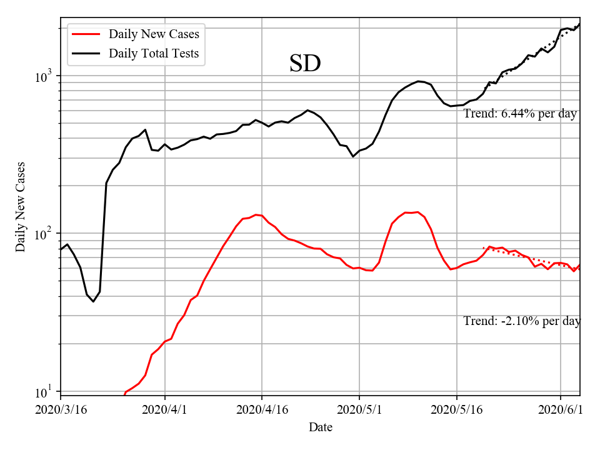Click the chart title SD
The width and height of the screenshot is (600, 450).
click(305, 63)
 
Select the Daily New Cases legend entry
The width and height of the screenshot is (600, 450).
click(154, 34)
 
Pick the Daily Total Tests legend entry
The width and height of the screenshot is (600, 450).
click(154, 53)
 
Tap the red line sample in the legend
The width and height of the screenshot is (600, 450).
click(86, 34)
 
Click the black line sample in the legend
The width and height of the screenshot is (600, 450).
click(86, 53)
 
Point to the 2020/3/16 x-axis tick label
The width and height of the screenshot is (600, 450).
click(61, 409)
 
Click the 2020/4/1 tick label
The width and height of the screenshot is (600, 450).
click(165, 409)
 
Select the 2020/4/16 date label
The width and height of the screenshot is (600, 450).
click(262, 409)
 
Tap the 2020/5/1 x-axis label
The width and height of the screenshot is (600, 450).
click(359, 409)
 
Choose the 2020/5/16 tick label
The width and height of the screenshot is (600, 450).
click(457, 409)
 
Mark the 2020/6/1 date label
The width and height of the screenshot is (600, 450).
click(561, 409)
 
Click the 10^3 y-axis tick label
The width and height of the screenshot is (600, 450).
click(46, 76)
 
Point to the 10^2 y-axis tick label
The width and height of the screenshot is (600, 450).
click(46, 234)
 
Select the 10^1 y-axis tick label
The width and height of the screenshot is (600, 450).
click(46, 392)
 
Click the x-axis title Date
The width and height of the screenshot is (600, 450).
click(321, 427)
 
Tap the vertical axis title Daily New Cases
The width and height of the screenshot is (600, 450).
click(21, 206)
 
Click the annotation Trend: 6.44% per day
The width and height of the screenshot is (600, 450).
click(520, 114)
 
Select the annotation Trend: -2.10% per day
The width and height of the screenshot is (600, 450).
click(522, 321)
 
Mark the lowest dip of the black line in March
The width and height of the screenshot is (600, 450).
click(94, 301)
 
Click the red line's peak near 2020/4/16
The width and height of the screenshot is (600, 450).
click(256, 214)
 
